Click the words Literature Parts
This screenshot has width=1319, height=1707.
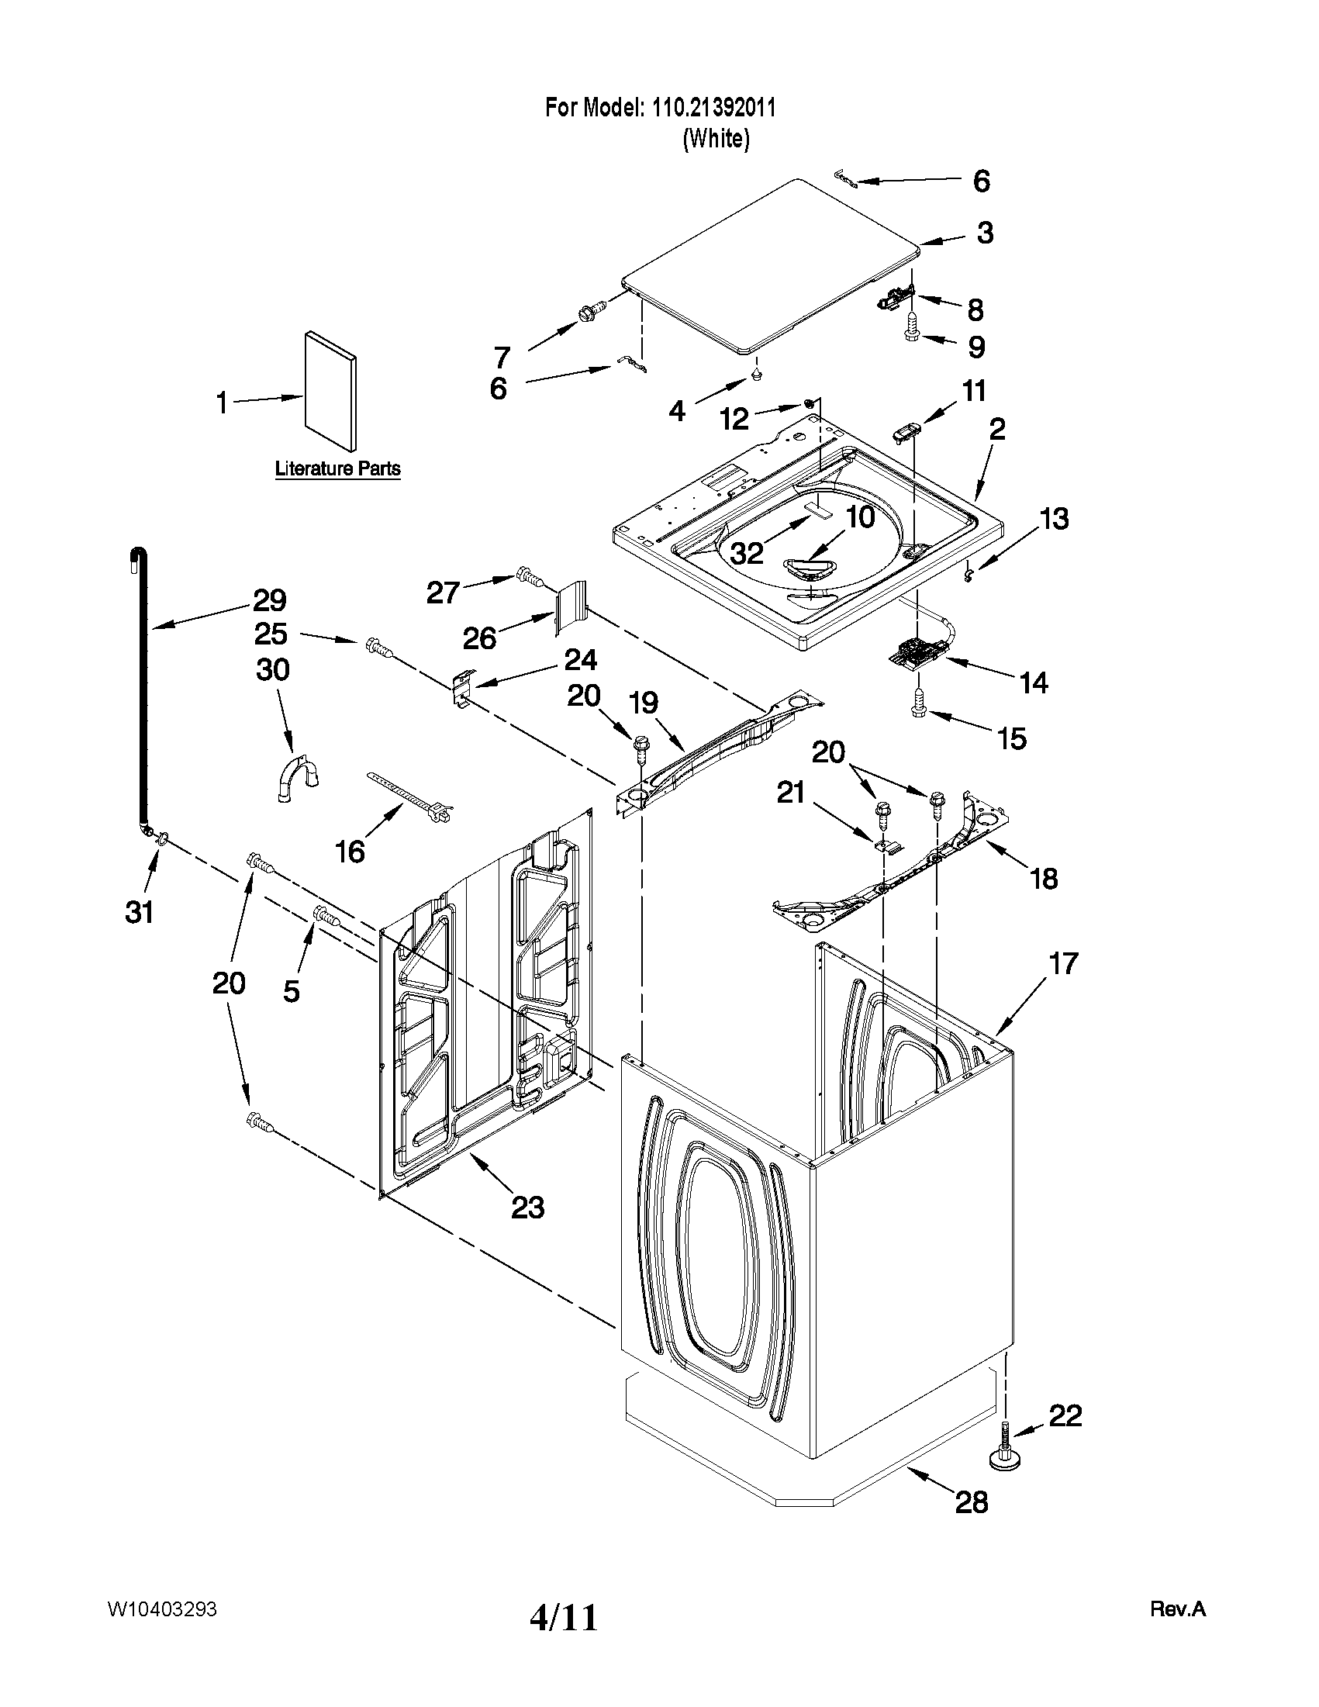tap(337, 469)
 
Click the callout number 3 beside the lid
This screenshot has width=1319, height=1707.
tap(985, 232)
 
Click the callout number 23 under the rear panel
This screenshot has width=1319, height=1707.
tap(527, 1208)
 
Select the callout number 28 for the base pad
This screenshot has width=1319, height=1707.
tap(972, 1501)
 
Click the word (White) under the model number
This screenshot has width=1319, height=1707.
tap(716, 139)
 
